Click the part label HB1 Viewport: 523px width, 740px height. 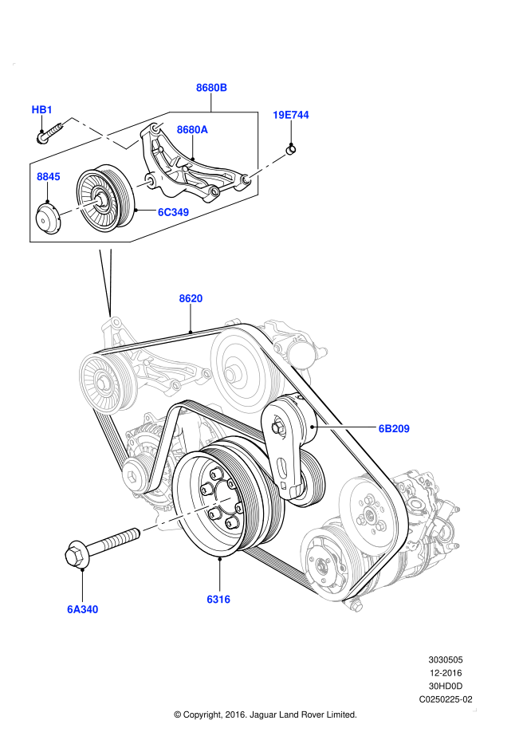(42, 109)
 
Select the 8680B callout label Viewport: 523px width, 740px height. (212, 88)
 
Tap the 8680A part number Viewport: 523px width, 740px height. (192, 129)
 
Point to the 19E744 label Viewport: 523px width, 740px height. (290, 115)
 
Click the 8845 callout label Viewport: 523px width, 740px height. (48, 176)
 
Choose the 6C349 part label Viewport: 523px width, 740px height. (173, 212)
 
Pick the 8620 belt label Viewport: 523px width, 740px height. (191, 298)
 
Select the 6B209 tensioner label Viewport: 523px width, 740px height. (394, 428)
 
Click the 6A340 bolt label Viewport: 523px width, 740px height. (83, 610)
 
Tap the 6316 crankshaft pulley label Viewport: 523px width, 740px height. (218, 599)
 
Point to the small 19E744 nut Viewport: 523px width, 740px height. (292, 148)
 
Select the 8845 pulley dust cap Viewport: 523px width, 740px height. (49, 218)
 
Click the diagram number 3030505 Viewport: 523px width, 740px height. (445, 660)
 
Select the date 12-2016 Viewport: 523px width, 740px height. (446, 673)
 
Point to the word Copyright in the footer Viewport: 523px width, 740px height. (206, 714)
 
